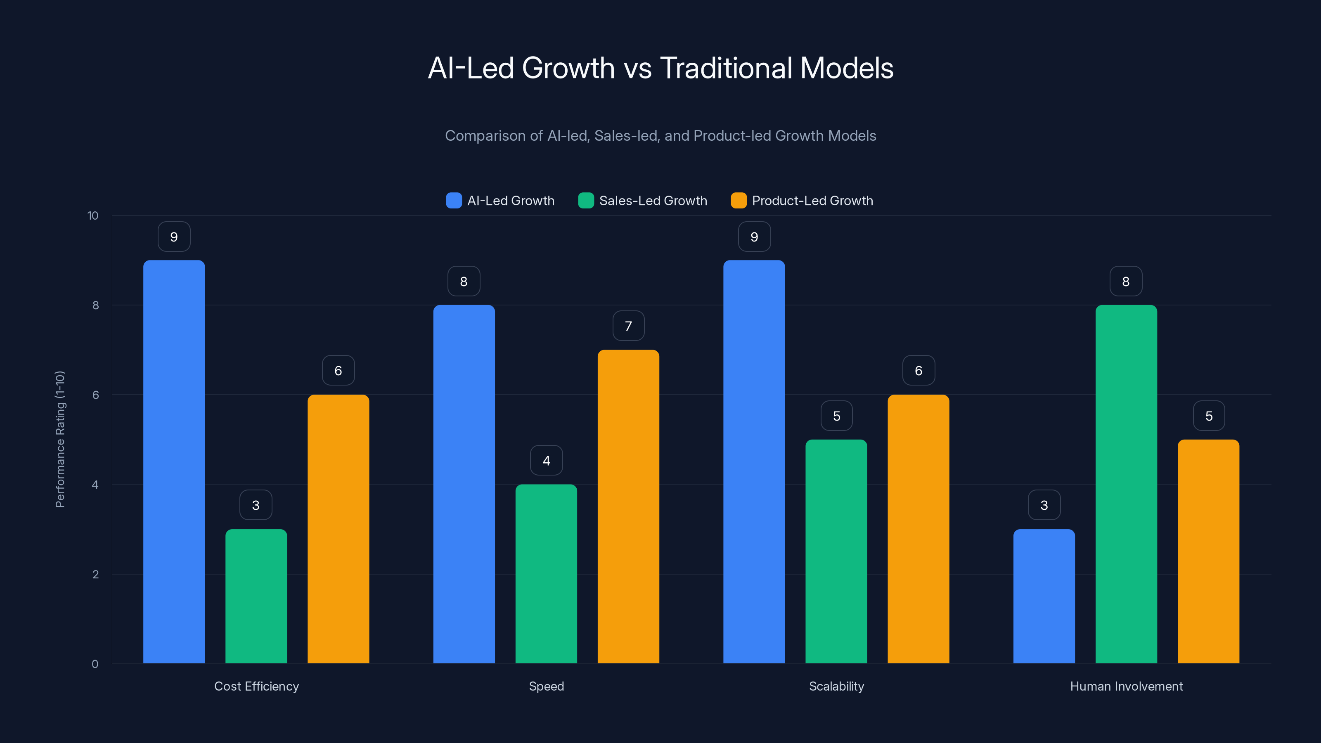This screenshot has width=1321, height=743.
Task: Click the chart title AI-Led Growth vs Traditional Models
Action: click(660, 68)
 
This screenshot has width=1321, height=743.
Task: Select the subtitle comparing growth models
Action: click(660, 136)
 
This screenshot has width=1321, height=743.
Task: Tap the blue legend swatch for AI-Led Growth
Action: click(454, 201)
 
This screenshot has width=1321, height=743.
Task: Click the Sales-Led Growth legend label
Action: click(653, 201)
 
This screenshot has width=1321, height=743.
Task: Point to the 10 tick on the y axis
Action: click(93, 216)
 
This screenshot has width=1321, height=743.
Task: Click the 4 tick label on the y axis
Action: click(95, 485)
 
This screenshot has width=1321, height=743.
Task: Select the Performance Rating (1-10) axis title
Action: click(60, 440)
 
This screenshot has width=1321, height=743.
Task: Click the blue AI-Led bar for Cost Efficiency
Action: click(174, 461)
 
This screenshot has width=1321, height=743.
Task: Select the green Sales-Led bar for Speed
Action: click(546, 574)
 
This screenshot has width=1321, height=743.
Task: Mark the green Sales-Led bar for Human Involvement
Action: click(1126, 484)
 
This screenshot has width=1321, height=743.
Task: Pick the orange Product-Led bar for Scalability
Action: click(919, 529)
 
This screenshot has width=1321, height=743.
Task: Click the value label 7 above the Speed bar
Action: click(628, 326)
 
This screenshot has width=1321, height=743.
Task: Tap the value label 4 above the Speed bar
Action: click(546, 461)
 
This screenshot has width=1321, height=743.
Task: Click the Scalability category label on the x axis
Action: click(836, 686)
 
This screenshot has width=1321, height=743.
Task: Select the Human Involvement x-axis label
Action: click(1126, 686)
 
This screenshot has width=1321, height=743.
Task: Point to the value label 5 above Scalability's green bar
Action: click(836, 416)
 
